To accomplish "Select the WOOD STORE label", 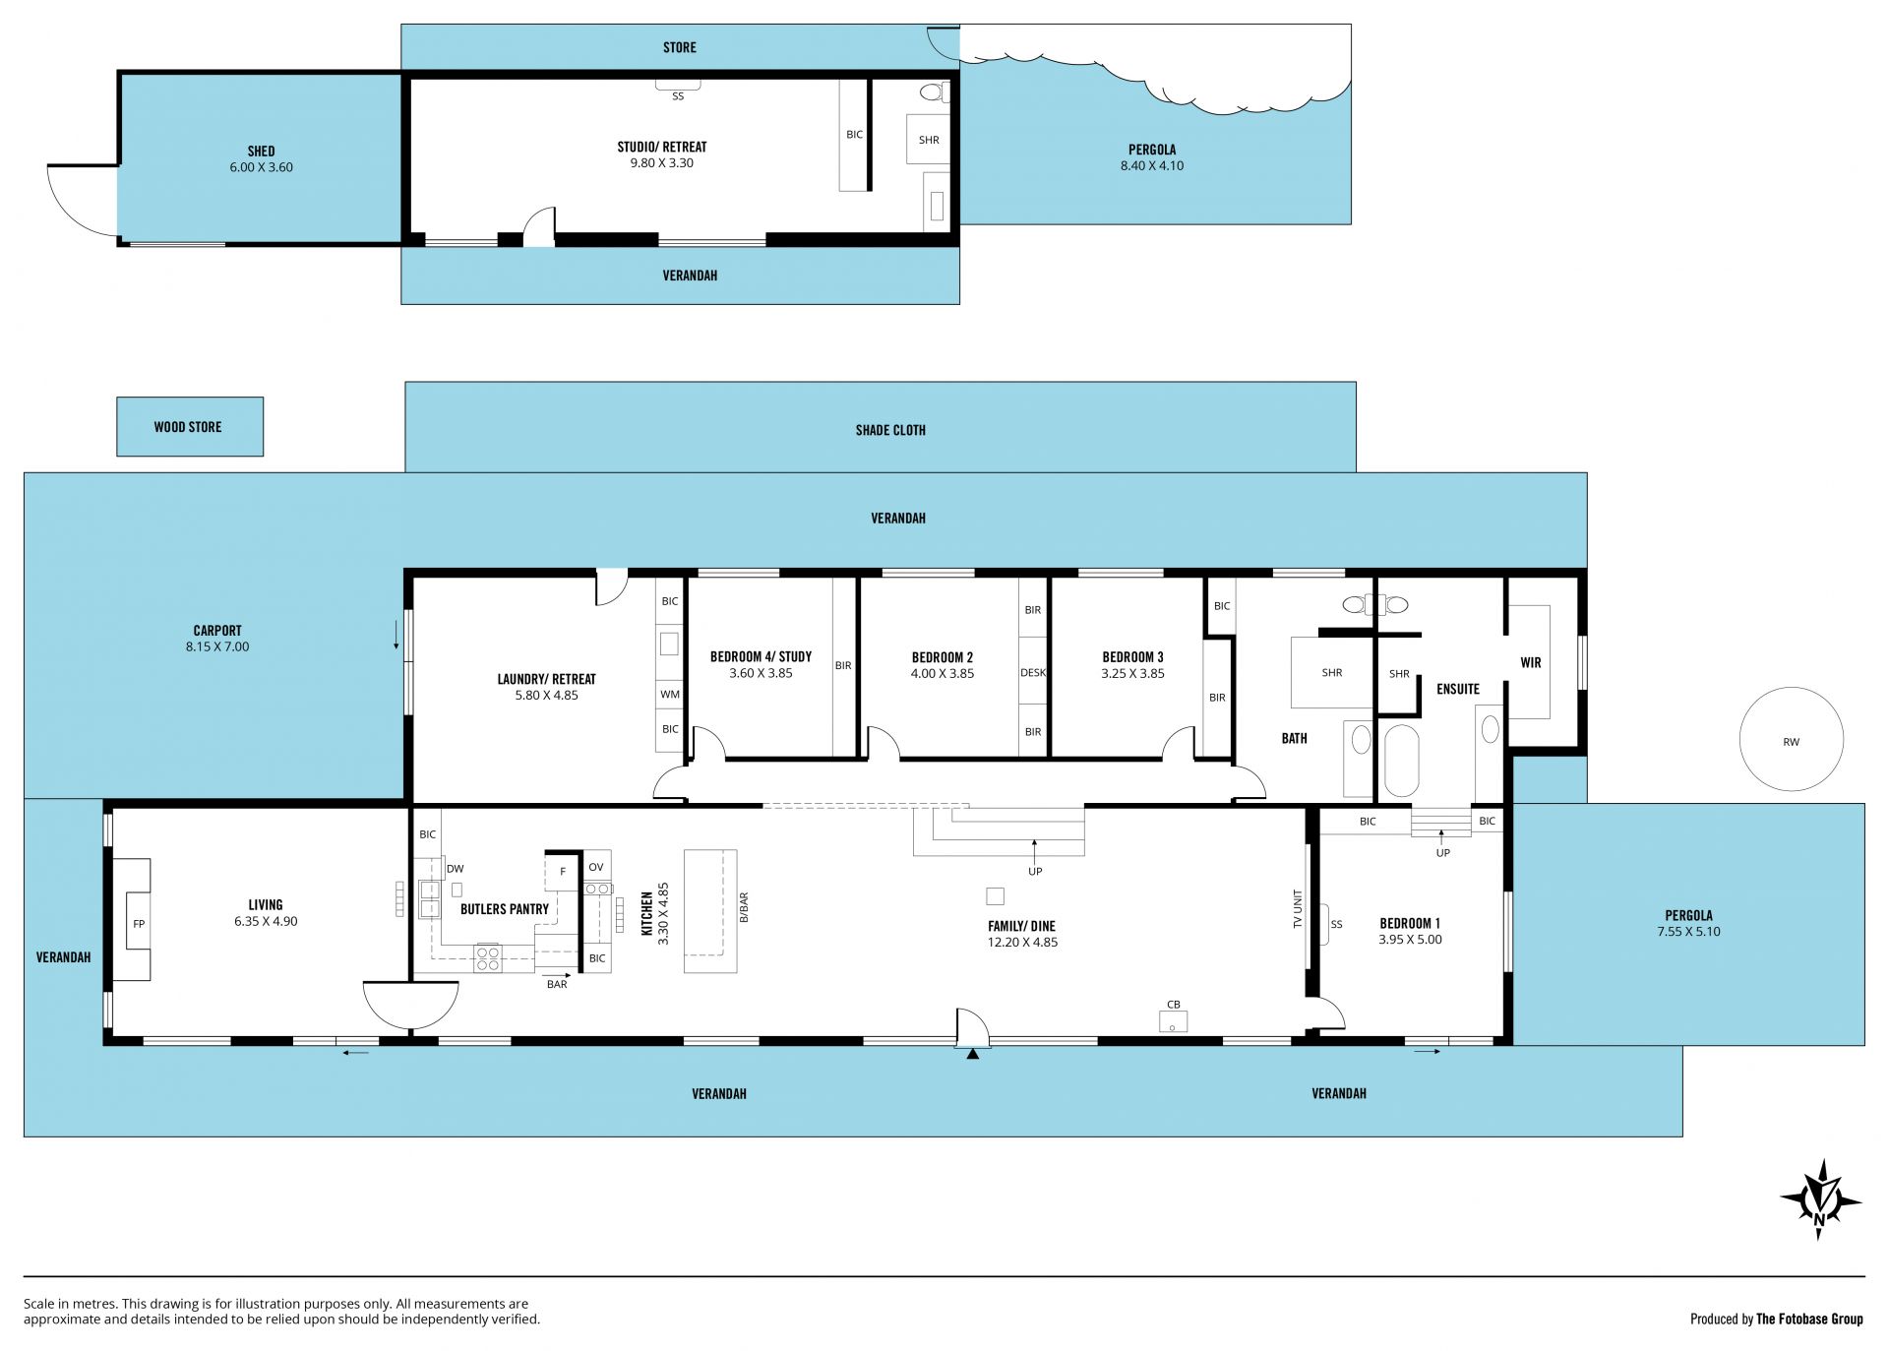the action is tap(188, 427).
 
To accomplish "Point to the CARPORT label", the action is tap(217, 631).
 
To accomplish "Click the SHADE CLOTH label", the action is tap(890, 430).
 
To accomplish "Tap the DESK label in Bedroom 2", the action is tap(1033, 673).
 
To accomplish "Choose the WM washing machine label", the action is tap(670, 694).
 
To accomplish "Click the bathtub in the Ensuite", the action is tap(1402, 761).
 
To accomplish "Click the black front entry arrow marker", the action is tap(972, 1054).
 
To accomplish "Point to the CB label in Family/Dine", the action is tap(1174, 1005).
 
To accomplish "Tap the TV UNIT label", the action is tap(1298, 909).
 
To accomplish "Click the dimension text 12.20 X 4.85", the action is tap(1023, 942).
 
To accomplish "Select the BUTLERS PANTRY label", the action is tap(505, 909).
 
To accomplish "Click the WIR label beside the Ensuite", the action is tap(1531, 662).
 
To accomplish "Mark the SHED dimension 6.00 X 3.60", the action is tap(261, 167).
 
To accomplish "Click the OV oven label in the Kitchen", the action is tap(596, 867).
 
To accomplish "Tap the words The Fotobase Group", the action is tap(1809, 1319).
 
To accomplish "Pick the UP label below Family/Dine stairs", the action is tap(1035, 871).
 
